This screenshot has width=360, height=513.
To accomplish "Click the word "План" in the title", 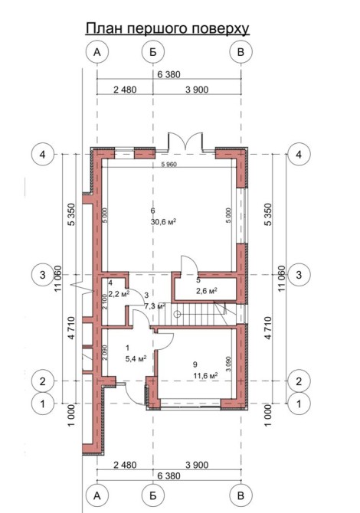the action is (x=105, y=28).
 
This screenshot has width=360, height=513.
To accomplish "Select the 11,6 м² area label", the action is (x=205, y=376).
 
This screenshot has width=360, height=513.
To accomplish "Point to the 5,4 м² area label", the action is (x=136, y=359).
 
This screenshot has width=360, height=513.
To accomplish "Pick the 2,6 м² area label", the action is (x=208, y=291).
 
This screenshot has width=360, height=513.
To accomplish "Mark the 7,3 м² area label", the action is (x=155, y=306).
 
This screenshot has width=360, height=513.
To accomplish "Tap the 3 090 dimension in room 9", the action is (x=228, y=364).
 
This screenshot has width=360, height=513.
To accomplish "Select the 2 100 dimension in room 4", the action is (x=105, y=302).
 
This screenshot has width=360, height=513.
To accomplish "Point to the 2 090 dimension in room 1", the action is (x=105, y=353).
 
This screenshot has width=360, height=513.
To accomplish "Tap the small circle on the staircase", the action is (x=177, y=315).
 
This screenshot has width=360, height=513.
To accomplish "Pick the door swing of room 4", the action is (x=135, y=297).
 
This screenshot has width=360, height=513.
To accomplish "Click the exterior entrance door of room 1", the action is (x=135, y=394).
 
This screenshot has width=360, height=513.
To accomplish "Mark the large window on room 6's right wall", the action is (x=243, y=216).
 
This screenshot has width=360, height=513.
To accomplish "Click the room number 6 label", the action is (x=152, y=211).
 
